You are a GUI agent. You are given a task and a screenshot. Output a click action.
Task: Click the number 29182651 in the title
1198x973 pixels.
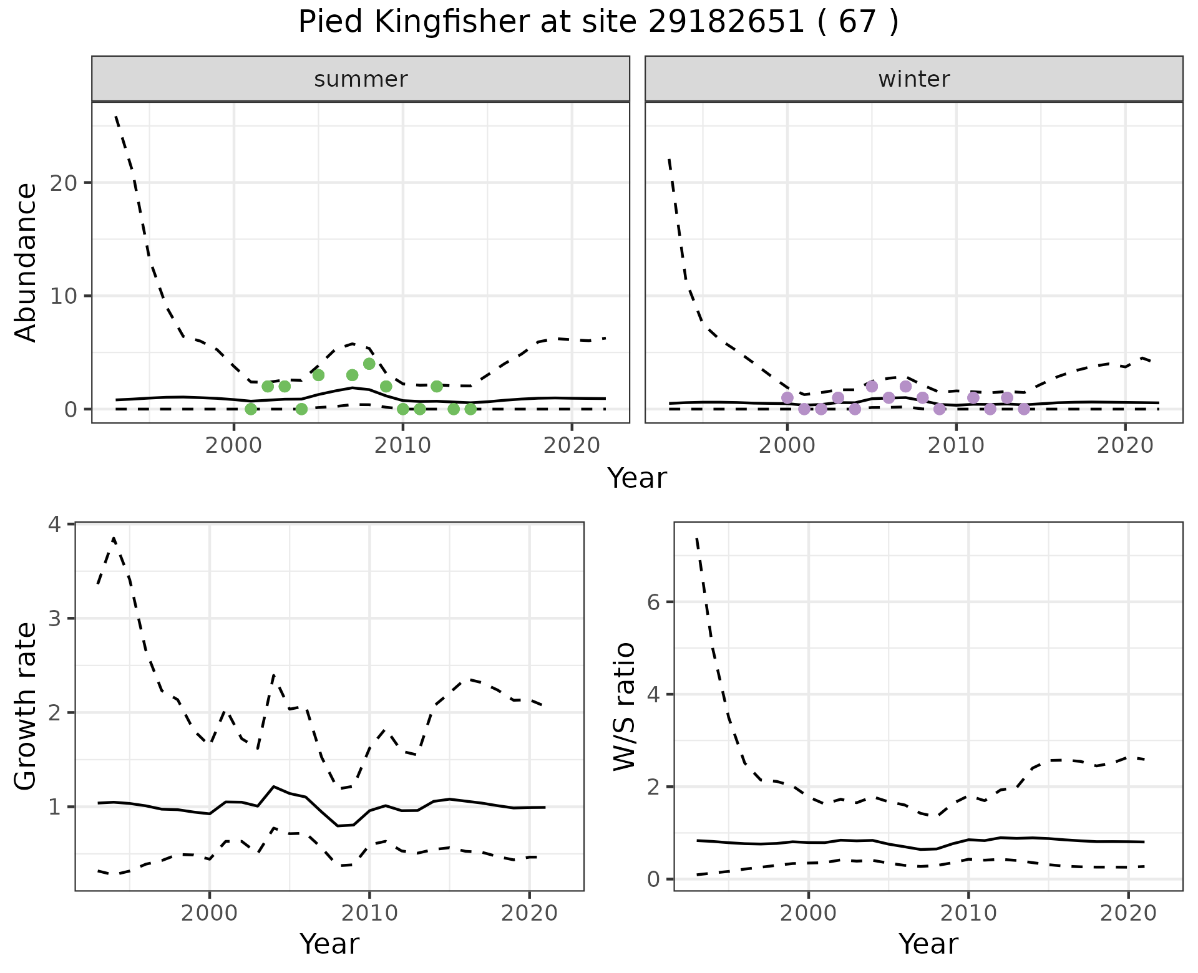pos(727,22)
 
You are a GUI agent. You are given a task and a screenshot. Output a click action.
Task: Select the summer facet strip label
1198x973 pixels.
pos(361,79)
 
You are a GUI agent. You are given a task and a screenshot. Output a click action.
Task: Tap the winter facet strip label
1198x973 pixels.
pos(913,79)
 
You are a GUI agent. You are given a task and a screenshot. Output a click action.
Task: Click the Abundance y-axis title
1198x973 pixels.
pos(26,262)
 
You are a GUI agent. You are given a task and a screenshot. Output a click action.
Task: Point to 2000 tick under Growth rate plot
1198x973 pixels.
pos(209,913)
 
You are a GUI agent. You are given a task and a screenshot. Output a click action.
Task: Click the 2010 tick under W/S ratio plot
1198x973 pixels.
pos(968,913)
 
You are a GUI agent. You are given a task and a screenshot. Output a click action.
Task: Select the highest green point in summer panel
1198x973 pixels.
pos(369,364)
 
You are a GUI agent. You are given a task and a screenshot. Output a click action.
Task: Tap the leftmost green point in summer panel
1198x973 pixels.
pos(251,409)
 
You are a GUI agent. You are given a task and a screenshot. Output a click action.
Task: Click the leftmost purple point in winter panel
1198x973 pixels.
pos(787,398)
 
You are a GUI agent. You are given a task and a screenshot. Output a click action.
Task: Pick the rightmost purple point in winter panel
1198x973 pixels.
pos(1023,409)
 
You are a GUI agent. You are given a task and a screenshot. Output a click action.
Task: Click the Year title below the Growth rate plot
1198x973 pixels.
pos(329,944)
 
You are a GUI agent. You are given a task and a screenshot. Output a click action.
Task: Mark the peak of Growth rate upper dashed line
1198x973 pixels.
pos(114,538)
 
